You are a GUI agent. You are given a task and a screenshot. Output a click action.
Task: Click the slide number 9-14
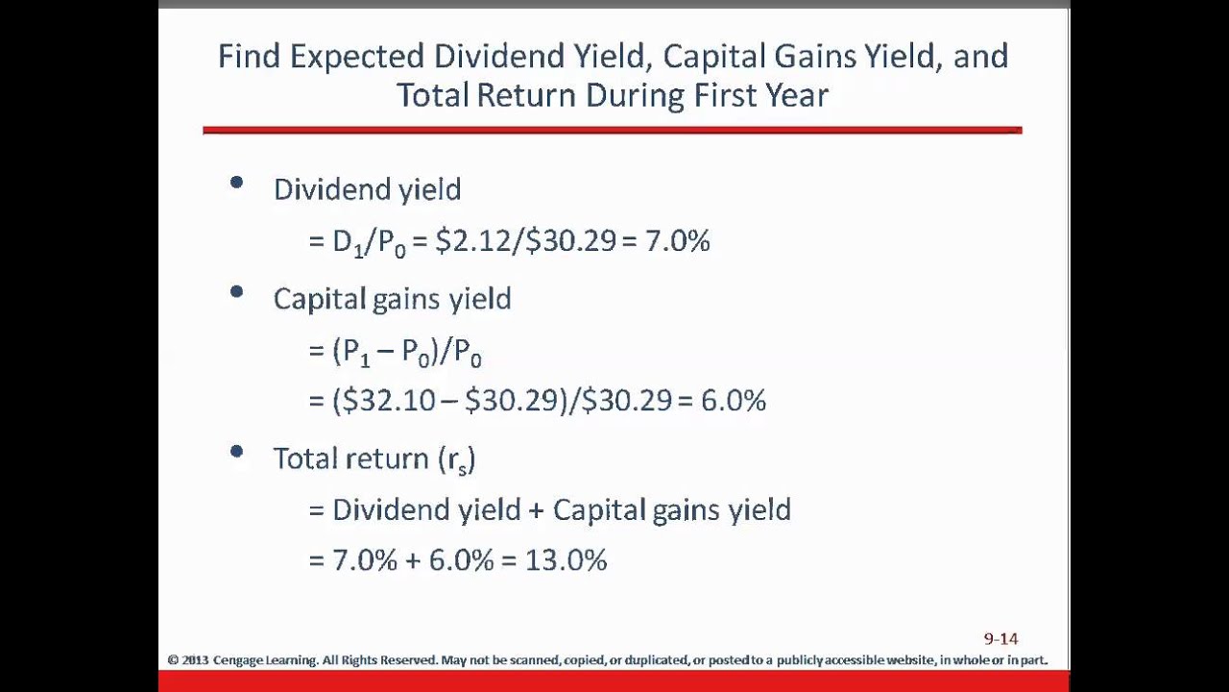1000,638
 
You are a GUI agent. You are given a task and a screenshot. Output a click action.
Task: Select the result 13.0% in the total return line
566,559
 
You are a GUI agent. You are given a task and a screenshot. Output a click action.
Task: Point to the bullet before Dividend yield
236,182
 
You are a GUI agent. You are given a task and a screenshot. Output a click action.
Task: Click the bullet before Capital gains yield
236,291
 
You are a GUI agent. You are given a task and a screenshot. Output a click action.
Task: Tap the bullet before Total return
236,451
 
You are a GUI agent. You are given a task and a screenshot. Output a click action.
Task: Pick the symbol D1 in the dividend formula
349,242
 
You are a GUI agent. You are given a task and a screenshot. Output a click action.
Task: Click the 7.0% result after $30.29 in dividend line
677,240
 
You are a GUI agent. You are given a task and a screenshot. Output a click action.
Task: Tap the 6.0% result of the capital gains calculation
734,400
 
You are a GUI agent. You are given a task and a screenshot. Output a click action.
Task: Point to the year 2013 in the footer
195,660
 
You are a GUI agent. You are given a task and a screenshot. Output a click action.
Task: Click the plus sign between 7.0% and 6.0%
413,560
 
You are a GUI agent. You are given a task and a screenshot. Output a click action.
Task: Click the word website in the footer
908,660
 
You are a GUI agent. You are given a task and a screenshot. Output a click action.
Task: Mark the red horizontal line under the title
612,129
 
